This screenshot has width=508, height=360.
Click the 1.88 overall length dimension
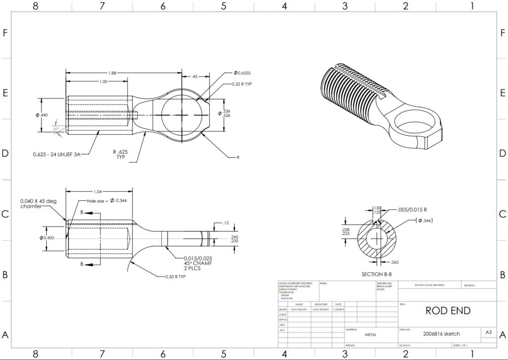point(113,73)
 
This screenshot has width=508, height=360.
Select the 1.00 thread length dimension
point(103,82)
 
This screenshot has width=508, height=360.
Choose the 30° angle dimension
point(56,129)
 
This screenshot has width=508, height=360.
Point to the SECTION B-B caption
point(379,274)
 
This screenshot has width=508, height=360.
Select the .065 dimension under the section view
point(395,261)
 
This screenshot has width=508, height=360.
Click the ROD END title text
point(447,311)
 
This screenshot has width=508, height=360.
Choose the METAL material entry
point(371,335)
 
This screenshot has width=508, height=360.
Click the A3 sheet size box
point(488,333)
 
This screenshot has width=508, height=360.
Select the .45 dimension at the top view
point(194,76)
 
